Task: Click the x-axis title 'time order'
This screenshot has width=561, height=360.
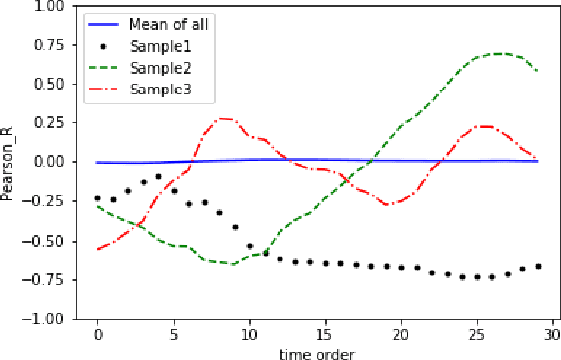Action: tap(316, 351)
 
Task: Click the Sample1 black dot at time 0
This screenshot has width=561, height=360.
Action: tap(97, 198)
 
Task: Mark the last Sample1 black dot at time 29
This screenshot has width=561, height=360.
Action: tap(538, 266)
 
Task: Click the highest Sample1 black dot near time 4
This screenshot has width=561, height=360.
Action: tap(158, 176)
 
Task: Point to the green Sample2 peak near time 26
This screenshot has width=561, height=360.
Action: tap(497, 53)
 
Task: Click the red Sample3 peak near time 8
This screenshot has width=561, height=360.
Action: tap(223, 119)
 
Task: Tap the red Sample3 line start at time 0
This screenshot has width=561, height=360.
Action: tap(97, 249)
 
